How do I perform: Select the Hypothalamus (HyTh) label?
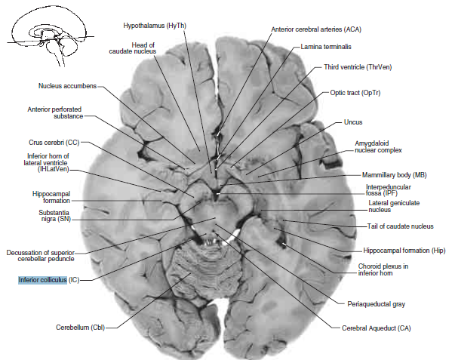click(x=155, y=26)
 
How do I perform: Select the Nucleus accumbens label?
click(x=67, y=85)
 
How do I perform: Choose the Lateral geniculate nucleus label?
click(x=394, y=206)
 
